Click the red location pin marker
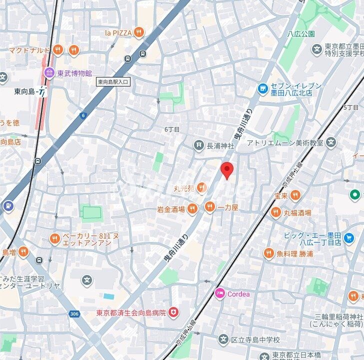click(x=227, y=170)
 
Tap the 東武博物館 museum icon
click(x=49, y=73)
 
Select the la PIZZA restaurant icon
click(x=139, y=32)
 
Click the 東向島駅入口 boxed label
click(x=113, y=81)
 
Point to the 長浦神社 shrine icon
click(x=199, y=145)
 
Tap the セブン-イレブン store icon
click(x=262, y=88)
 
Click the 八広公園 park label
click(x=301, y=34)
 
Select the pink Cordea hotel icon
click(x=219, y=293)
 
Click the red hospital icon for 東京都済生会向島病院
click(x=173, y=313)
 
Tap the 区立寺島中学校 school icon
click(x=223, y=340)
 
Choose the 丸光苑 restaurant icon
click(x=201, y=188)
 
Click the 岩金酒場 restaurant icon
click(x=192, y=209)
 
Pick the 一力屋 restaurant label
click(x=227, y=207)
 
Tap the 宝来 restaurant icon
click(x=295, y=195)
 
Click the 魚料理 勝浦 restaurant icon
click(x=268, y=253)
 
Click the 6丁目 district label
click(x=171, y=129)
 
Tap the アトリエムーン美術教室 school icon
click(x=330, y=143)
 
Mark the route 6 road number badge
click(x=83, y=115)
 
